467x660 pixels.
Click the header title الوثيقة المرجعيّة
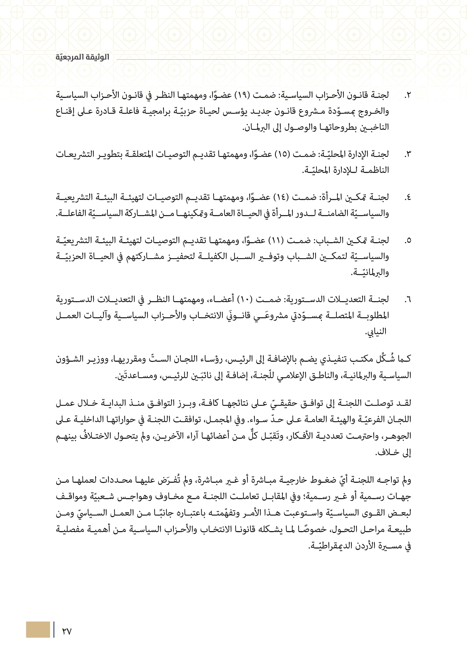pyautogui.click(x=82, y=57)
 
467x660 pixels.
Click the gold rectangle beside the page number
pyautogui.click(x=38, y=630)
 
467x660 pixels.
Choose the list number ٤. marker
pyautogui.click(x=407, y=198)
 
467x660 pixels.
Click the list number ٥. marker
pyautogui.click(x=407, y=241)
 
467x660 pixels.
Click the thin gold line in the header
pyautogui.click(x=264, y=60)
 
